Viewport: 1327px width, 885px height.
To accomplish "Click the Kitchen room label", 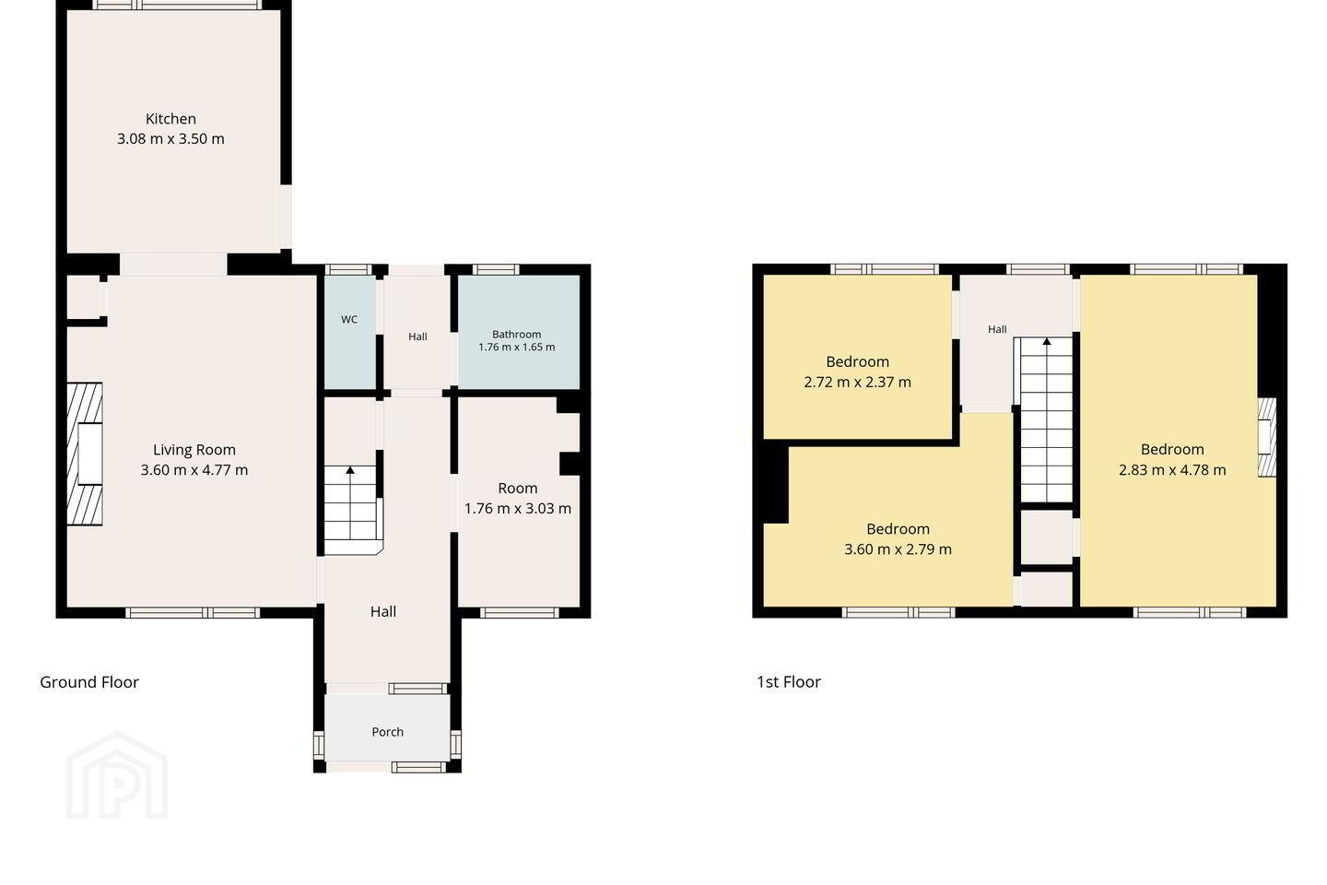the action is click(x=170, y=119).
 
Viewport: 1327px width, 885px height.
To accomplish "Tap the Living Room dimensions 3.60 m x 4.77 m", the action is click(x=194, y=470).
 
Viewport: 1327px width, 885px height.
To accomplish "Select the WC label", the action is click(x=349, y=320).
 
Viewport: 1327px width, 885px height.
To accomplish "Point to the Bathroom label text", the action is click(x=517, y=335).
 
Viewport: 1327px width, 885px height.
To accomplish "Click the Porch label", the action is click(x=387, y=732).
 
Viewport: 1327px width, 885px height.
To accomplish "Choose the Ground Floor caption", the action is click(x=89, y=682).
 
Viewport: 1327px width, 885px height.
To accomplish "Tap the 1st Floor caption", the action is click(x=789, y=682).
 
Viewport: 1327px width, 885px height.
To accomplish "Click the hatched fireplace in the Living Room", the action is click(x=85, y=454).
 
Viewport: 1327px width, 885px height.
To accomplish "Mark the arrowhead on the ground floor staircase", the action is click(x=350, y=470).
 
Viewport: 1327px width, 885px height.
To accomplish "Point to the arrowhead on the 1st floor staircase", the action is click(x=1047, y=341).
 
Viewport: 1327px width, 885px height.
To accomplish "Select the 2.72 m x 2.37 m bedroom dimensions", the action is click(x=857, y=383).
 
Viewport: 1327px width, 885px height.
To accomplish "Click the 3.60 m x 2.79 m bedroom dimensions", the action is click(x=898, y=549).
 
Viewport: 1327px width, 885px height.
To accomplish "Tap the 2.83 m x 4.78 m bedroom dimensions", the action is click(x=1172, y=470).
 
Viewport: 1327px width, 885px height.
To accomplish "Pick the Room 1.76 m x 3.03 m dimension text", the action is click(x=518, y=509).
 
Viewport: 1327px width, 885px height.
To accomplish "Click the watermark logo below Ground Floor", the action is click(x=117, y=775).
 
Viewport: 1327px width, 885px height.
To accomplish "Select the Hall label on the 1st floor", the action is click(x=997, y=330).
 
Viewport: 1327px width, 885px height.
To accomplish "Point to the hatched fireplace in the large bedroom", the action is click(x=1266, y=438).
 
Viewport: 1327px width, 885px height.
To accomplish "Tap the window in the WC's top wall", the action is click(x=349, y=270).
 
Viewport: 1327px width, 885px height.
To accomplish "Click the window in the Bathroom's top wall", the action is click(x=495, y=270).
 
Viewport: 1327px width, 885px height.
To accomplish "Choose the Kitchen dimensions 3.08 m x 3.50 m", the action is click(x=170, y=139).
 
